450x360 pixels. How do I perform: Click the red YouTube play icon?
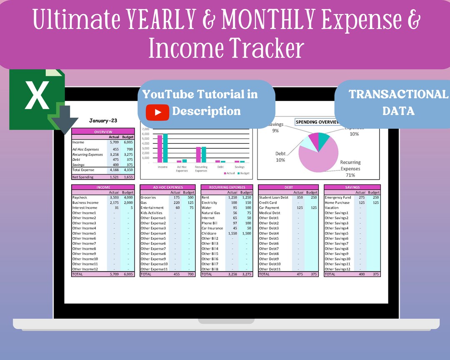pyautogui.click(x=157, y=112)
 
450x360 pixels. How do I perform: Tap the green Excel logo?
pyautogui.click(x=37, y=98)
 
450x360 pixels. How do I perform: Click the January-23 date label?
pyautogui.click(x=103, y=121)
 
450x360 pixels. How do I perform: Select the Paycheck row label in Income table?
pyautogui.click(x=80, y=197)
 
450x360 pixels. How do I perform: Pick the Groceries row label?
pyautogui.click(x=148, y=197)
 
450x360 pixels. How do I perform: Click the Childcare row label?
pyautogui.click(x=209, y=233)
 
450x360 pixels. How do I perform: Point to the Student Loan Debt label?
pyautogui.click(x=273, y=197)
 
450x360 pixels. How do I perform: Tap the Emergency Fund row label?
pyautogui.click(x=338, y=197)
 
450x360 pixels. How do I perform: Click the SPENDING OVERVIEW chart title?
pyautogui.click(x=317, y=122)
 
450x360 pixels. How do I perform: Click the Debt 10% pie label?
pyautogui.click(x=280, y=157)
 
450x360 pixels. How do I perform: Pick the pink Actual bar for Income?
pyautogui.click(x=160, y=149)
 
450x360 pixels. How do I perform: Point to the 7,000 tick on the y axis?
pyautogui.click(x=145, y=129)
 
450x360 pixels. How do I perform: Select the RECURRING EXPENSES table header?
pyautogui.click(x=227, y=187)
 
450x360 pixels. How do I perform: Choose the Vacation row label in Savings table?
pyautogui.click(x=332, y=207)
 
